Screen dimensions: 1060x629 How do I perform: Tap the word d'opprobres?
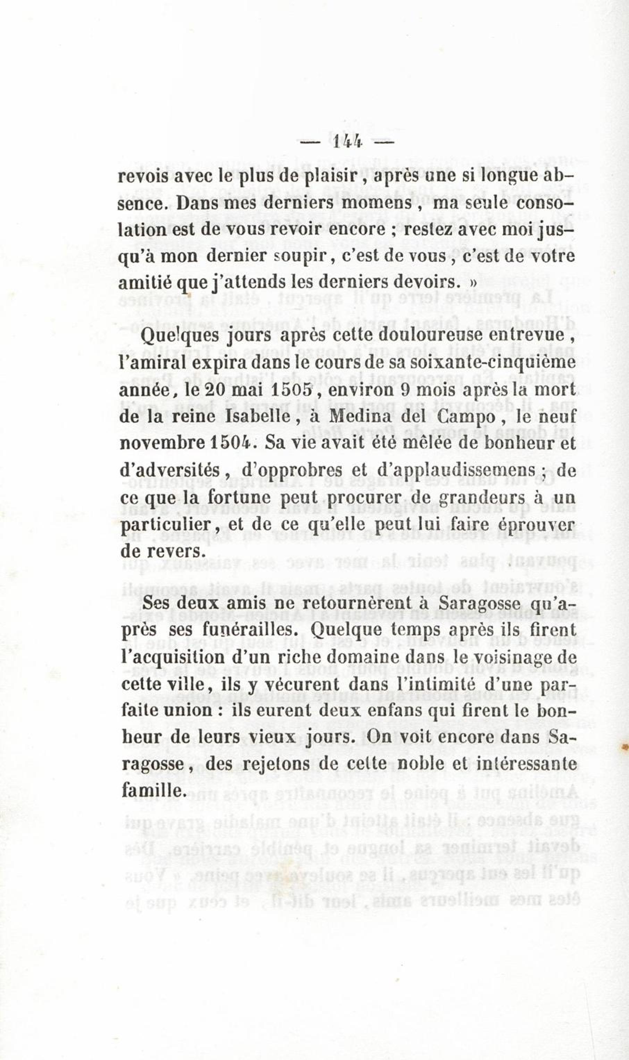point(292,470)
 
